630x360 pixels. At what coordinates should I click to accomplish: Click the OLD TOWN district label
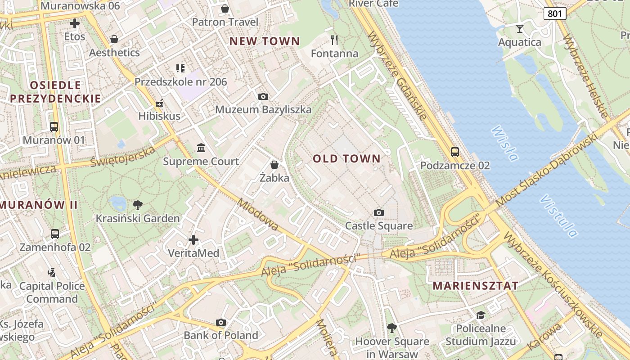(346, 158)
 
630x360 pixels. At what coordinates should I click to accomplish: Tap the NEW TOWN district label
(265, 41)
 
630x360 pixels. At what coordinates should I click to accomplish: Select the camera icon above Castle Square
(379, 212)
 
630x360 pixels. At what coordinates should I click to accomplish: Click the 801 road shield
(555, 13)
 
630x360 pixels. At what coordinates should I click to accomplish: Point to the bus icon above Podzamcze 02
(455, 152)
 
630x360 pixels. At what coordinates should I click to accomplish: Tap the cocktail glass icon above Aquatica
(520, 29)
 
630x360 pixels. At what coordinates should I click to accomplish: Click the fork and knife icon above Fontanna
(334, 40)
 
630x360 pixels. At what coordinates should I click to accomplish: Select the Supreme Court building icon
(201, 148)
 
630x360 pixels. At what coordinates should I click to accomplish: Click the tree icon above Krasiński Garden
(138, 205)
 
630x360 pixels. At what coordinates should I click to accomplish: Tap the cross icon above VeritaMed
(193, 240)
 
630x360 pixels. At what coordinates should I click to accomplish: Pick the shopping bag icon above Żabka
(274, 165)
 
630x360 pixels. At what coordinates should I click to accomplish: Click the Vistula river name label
(558, 216)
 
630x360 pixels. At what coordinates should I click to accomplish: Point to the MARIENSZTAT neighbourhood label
(475, 286)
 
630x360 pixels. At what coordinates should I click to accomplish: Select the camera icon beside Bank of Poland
(220, 322)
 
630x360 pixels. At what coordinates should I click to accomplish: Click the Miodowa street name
(258, 215)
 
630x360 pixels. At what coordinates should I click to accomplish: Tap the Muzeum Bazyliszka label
(263, 109)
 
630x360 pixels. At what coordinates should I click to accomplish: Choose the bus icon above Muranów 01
(54, 127)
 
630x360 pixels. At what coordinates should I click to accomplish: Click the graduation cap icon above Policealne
(481, 315)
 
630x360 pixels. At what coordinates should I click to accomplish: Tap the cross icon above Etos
(75, 23)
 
